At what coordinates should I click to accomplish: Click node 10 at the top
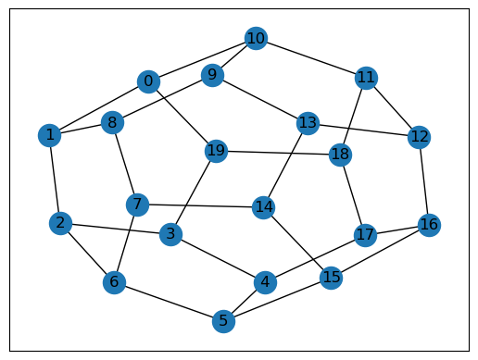coord(256,38)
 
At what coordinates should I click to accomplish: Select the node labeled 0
coord(148,81)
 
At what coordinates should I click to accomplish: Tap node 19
coord(216,151)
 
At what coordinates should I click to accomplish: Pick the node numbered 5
coord(223,321)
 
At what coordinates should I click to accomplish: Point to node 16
coord(429,225)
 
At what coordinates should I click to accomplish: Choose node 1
coord(49,135)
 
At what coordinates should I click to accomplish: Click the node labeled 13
coord(308,123)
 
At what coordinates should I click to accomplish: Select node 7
coord(137,205)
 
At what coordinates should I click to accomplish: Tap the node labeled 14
coord(263,207)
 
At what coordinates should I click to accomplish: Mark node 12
coord(419,137)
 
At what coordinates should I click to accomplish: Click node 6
coord(114,282)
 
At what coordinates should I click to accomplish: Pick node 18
coord(340,155)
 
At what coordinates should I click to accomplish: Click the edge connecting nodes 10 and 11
coord(311,58)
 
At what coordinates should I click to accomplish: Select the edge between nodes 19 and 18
coord(278,153)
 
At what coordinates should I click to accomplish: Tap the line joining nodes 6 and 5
coord(169,302)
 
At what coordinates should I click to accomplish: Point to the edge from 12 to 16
coord(424,181)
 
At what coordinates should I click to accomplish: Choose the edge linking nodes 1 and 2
coord(55,180)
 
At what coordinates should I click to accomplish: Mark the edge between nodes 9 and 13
coord(259,99)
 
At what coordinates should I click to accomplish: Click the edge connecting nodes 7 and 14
coord(200,206)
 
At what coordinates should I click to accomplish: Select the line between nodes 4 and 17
coord(315,259)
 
